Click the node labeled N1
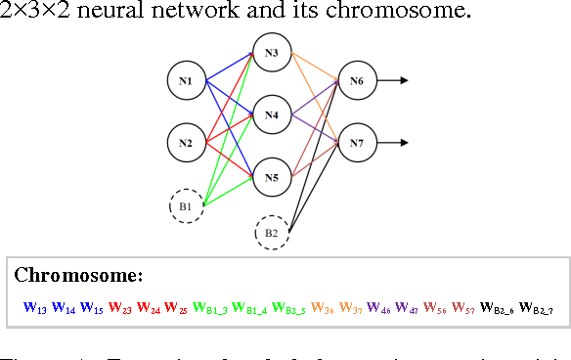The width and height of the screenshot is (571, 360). tap(186, 81)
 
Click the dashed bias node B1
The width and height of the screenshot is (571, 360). tap(186, 206)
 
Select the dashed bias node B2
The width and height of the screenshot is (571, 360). tap(271, 234)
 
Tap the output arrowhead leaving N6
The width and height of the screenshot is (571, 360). tap(404, 81)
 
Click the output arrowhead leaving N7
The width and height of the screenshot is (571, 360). tap(404, 144)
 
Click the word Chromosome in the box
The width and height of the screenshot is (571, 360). tap(79, 274)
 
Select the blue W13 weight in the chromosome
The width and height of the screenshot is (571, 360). tap(34, 308)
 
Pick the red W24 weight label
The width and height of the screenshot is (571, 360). tap(150, 308)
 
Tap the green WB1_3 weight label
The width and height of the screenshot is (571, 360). tap(211, 308)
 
